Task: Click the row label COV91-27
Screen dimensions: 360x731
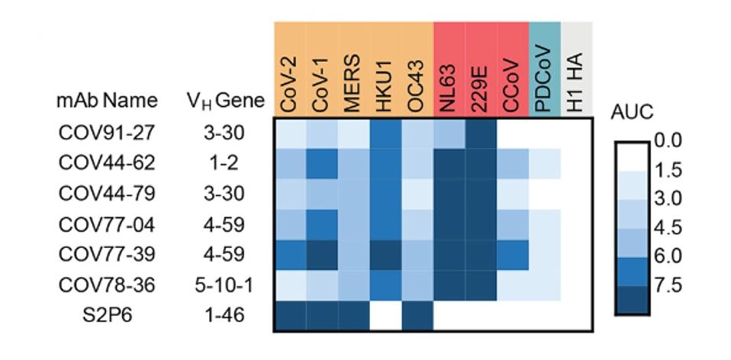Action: click(x=107, y=132)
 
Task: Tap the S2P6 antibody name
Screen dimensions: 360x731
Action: click(x=107, y=315)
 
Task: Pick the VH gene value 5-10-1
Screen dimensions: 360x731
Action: click(x=224, y=284)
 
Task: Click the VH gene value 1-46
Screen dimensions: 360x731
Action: click(x=224, y=315)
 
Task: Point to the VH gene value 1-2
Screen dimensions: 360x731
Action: click(x=224, y=162)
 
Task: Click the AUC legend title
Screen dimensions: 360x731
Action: click(x=633, y=112)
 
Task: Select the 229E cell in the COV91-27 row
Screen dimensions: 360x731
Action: click(x=481, y=132)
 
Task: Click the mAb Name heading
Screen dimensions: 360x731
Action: click(x=107, y=100)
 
